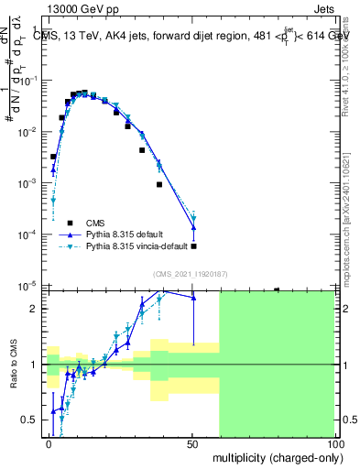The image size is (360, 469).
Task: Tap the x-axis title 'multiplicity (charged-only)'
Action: click(274, 456)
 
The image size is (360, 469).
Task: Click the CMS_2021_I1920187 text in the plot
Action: click(191, 274)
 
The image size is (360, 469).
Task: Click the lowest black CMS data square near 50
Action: click(193, 246)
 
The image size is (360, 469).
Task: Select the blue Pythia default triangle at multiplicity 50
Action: click(193, 228)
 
